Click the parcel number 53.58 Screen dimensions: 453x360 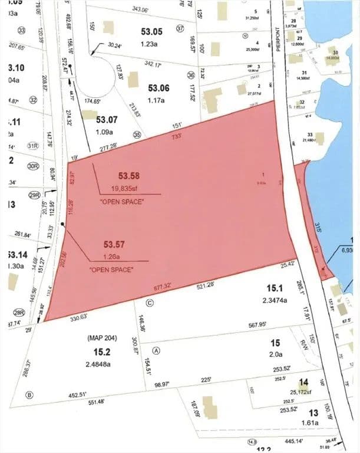click(131, 176)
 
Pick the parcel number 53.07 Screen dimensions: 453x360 click(107, 120)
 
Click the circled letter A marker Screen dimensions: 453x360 click(156, 349)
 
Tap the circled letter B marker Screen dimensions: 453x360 click(29, 395)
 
